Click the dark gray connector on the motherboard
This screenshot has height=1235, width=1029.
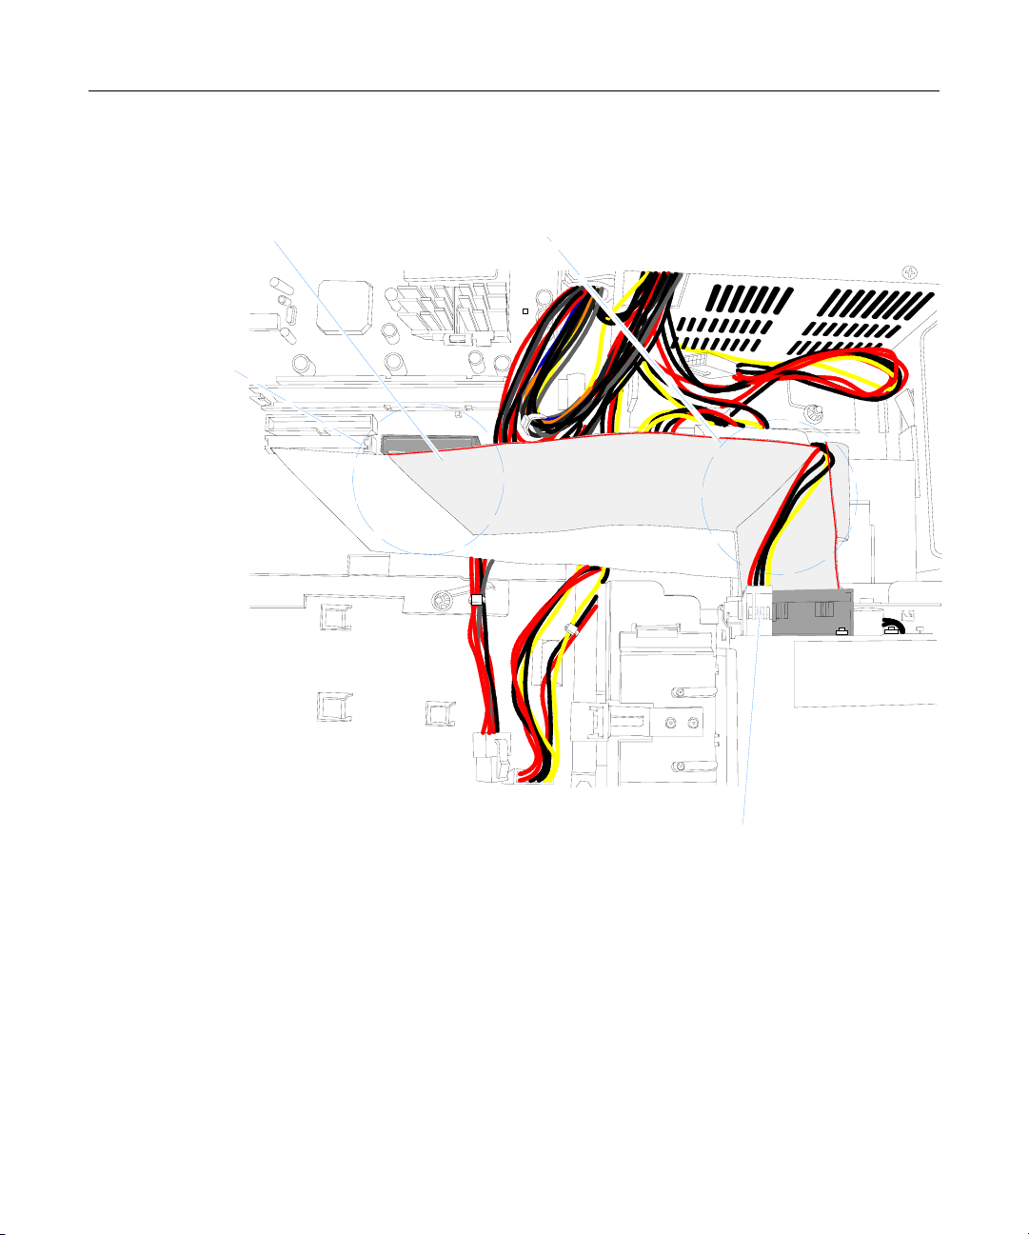pyautogui.click(x=427, y=444)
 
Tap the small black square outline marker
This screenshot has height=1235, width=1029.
pyautogui.click(x=524, y=311)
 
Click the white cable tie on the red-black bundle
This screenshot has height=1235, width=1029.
pyautogui.click(x=477, y=600)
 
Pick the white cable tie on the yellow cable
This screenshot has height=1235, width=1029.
pyautogui.click(x=571, y=629)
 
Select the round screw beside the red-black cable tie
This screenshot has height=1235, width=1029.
pyautogui.click(x=443, y=600)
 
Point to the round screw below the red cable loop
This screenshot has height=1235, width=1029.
pyautogui.click(x=812, y=414)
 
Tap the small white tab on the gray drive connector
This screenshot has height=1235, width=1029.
pyautogui.click(x=841, y=630)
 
